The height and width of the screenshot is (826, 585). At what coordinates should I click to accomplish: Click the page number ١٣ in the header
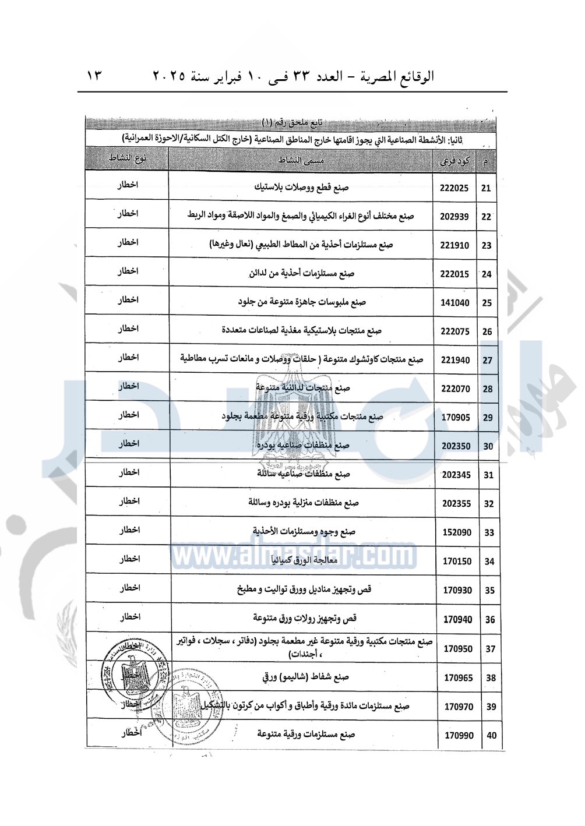94,76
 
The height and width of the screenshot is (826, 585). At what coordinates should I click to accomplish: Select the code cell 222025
454,188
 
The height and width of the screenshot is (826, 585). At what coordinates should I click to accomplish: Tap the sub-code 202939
454,217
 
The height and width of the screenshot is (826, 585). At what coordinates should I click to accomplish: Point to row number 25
487,303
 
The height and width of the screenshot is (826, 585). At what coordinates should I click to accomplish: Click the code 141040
455,303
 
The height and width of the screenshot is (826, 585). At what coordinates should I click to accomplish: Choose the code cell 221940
455,360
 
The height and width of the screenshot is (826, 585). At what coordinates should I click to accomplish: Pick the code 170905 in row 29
456,418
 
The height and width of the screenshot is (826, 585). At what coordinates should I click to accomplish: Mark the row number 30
488,446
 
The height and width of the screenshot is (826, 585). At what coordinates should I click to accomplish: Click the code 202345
456,475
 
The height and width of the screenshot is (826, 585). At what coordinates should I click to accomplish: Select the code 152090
457,532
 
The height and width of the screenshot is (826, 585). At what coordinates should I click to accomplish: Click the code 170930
457,590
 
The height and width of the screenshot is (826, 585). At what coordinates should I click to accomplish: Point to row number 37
490,649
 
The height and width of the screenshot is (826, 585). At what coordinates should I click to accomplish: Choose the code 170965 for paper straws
459,678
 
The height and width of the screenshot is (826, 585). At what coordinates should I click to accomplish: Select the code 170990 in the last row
459,736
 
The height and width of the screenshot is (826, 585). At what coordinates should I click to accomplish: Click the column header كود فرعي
454,161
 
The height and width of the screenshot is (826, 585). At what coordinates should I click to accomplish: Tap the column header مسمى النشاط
301,160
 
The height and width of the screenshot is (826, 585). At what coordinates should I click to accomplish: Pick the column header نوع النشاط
127,158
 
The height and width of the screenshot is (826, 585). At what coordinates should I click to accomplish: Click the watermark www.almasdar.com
294,556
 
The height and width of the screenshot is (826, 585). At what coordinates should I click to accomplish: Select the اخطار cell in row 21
128,185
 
